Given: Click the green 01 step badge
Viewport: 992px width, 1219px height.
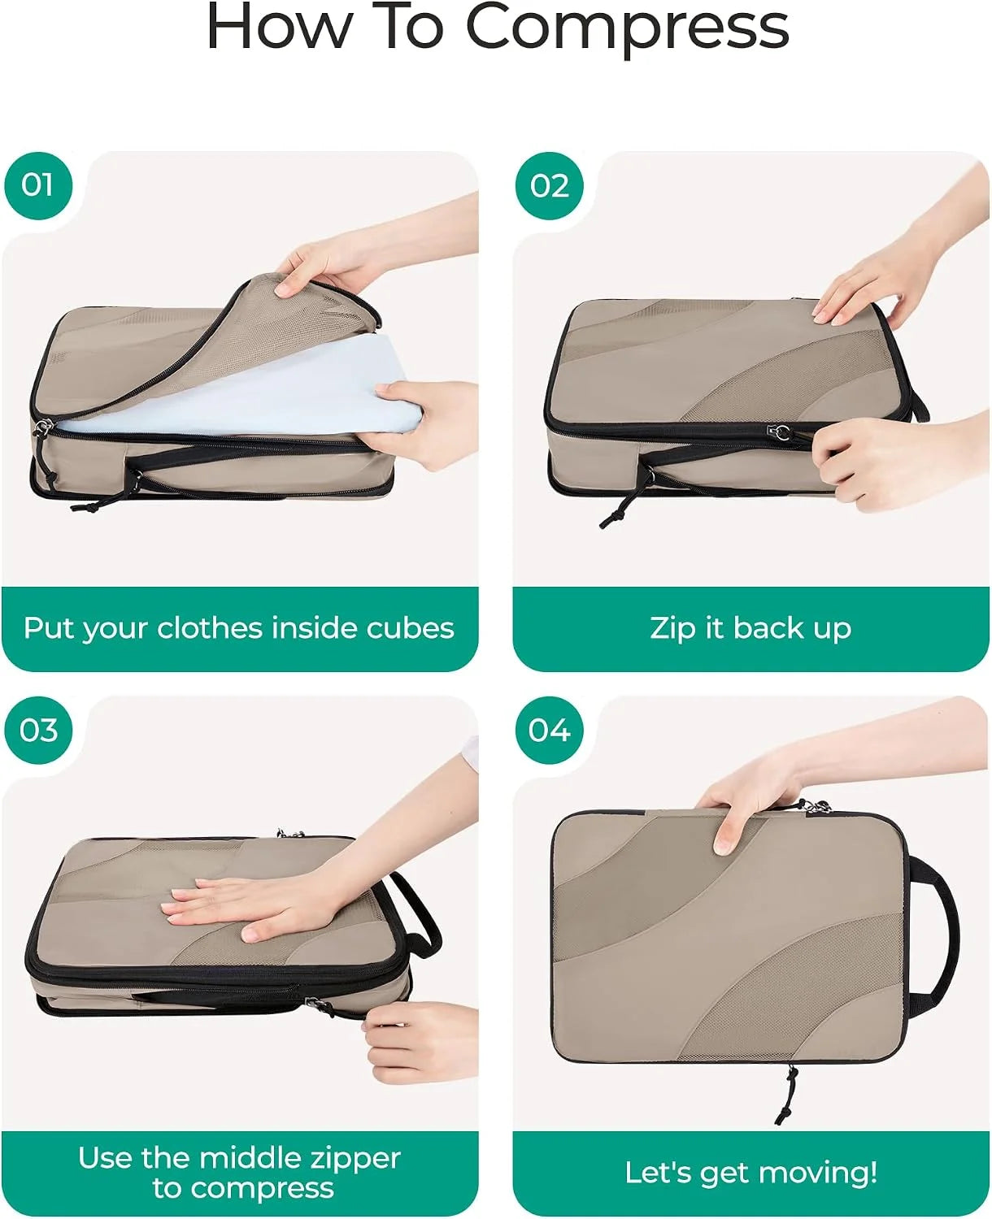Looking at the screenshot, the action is pyautogui.click(x=38, y=185).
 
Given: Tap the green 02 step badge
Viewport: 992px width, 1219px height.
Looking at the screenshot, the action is pyautogui.click(x=550, y=185).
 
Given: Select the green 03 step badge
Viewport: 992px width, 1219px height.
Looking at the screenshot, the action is pyautogui.click(x=38, y=731).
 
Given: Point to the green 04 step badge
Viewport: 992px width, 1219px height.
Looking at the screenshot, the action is pyautogui.click(x=550, y=731).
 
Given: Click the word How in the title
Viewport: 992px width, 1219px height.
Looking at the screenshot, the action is pyautogui.click(x=279, y=26).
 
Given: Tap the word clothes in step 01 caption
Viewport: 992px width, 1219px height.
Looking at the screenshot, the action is pyautogui.click(x=211, y=627).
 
